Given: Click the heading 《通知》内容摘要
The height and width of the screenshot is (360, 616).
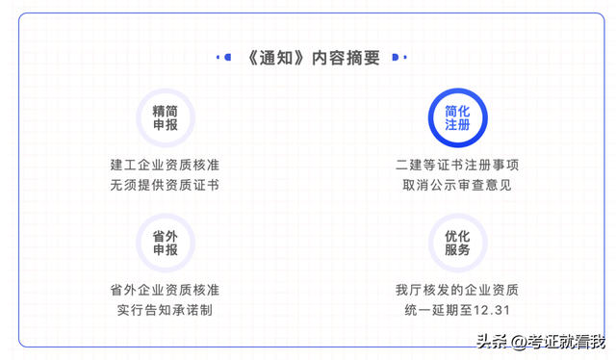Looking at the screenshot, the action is [x=307, y=58].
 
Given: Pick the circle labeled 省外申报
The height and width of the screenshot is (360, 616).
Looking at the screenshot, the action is [x=165, y=243].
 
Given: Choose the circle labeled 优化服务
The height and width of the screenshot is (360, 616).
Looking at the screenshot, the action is [x=457, y=243].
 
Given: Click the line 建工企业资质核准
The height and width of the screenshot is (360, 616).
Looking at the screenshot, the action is [x=165, y=165].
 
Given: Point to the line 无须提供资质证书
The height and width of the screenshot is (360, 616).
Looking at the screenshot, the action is [x=165, y=184].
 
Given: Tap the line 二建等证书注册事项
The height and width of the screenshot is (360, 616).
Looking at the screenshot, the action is [x=457, y=165].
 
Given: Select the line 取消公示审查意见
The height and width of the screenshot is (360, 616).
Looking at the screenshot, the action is [x=457, y=184].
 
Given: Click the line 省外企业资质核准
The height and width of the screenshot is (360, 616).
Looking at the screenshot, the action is [x=165, y=290].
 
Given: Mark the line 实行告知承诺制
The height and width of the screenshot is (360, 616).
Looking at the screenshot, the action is [x=165, y=309].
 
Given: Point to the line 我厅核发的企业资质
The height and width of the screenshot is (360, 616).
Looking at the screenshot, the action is [x=457, y=290].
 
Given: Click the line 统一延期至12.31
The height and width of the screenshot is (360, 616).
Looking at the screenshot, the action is [x=457, y=309].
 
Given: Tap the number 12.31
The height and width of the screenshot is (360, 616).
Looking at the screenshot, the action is [x=490, y=310].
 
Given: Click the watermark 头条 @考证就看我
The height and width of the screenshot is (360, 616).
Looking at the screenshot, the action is [x=544, y=341].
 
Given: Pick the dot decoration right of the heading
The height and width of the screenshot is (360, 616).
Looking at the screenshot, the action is [x=394, y=58].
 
